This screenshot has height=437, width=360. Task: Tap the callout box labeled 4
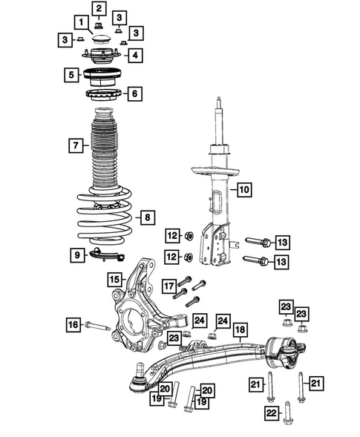134,56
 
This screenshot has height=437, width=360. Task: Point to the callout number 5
71,75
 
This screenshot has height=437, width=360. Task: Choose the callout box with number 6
134,93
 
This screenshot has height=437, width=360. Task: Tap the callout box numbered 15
114,280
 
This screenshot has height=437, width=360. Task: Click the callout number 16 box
73,324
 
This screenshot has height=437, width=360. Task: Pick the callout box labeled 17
168,286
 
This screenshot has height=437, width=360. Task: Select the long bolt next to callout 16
100,325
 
